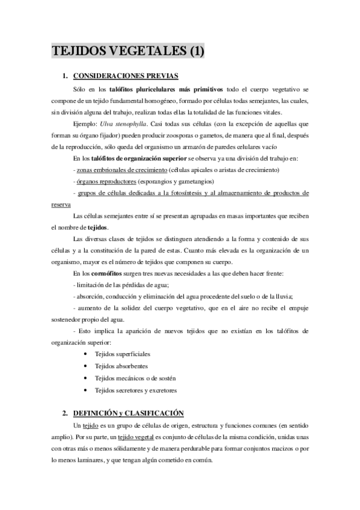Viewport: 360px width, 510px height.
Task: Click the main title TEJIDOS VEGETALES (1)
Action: pos(127,52)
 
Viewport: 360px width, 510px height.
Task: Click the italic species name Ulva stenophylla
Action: pos(124,124)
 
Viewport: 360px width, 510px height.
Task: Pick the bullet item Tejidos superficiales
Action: pos(123,354)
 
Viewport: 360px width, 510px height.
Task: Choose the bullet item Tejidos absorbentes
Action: pos(121,366)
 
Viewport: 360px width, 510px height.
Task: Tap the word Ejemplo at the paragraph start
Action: pos(84,124)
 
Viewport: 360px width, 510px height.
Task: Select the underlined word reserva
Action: pos(61,204)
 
